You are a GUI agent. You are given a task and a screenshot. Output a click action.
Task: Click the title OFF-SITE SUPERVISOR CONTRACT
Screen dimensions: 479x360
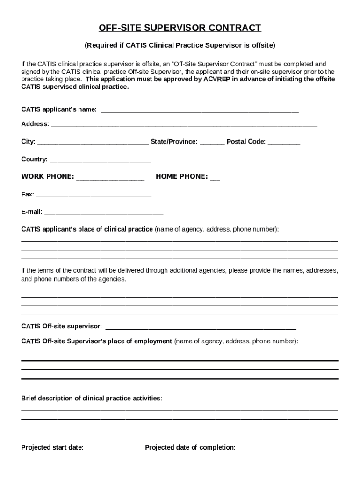click(x=180, y=28)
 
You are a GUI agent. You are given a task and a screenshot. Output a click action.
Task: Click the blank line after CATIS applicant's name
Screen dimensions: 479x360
click(x=200, y=111)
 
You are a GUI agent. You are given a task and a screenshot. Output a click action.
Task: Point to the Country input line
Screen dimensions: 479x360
click(x=100, y=160)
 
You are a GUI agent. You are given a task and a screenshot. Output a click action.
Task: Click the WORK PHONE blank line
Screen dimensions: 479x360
click(x=110, y=178)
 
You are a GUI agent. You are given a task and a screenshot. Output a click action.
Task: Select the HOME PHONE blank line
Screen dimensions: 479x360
click(x=249, y=178)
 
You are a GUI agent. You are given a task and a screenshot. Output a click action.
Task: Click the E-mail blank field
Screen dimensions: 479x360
click(x=104, y=213)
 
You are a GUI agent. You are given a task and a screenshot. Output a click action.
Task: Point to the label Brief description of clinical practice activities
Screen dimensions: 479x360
click(x=92, y=398)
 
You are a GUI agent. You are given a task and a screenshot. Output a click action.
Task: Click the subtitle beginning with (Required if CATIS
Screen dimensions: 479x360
click(x=180, y=45)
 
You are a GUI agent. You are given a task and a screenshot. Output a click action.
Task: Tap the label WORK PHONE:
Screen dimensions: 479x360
click(x=47, y=176)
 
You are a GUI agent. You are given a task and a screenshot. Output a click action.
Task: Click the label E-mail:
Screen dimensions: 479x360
click(x=32, y=212)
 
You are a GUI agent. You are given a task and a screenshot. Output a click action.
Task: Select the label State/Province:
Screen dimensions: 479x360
click(x=174, y=141)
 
